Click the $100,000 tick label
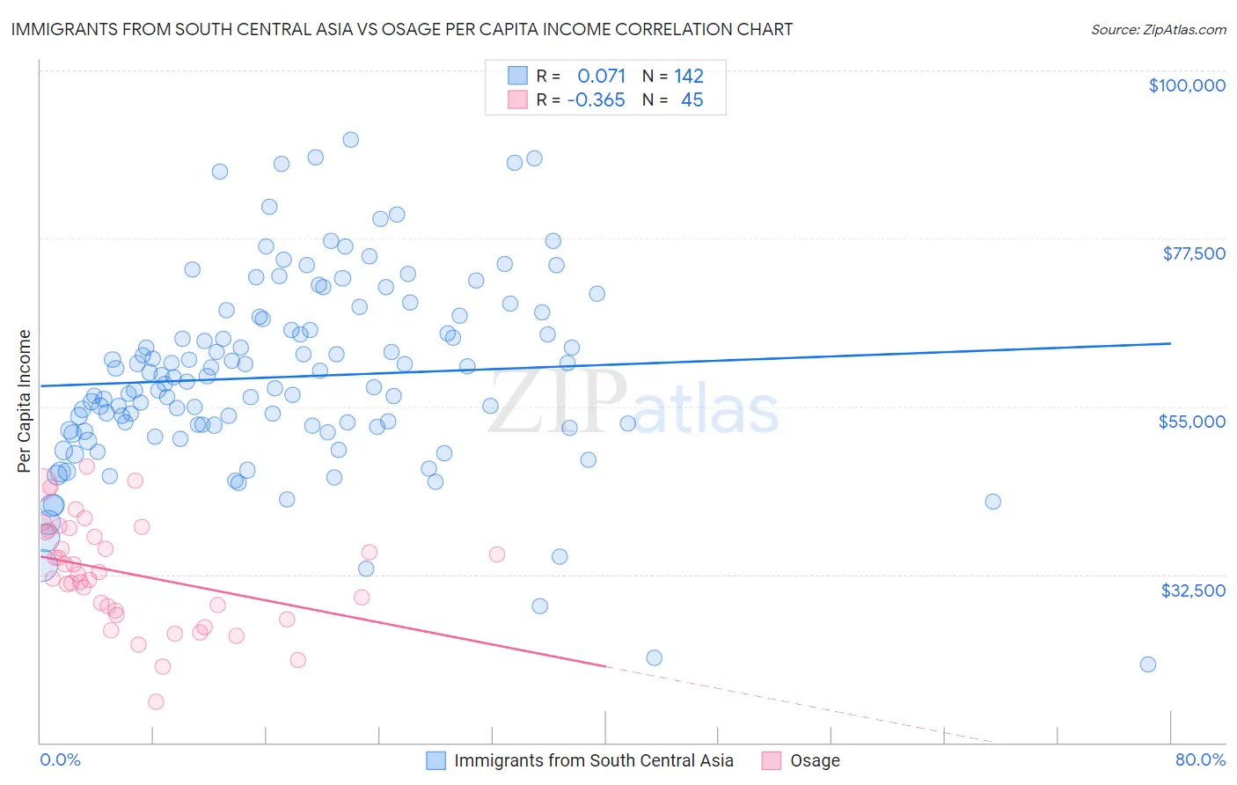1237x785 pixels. pyautogui.click(x=1186, y=85)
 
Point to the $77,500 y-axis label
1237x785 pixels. pyautogui.click(x=1193, y=253)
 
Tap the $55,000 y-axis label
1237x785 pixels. pyautogui.click(x=1191, y=422)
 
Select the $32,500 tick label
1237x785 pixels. pyautogui.click(x=1192, y=591)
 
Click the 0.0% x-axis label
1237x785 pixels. pyautogui.click(x=60, y=759)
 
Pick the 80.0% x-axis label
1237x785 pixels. pyautogui.click(x=1200, y=759)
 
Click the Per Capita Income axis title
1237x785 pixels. pyautogui.click(x=25, y=400)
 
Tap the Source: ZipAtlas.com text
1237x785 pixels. pyautogui.click(x=1158, y=29)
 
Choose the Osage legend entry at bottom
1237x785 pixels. pyautogui.click(x=815, y=760)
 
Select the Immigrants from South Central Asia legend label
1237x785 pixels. pyautogui.click(x=593, y=760)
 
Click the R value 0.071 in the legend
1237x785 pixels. pyautogui.click(x=601, y=77)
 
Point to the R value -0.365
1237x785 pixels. pyautogui.click(x=596, y=100)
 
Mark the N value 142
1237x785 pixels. pyautogui.click(x=689, y=77)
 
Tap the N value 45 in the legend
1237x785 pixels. pyautogui.click(x=692, y=100)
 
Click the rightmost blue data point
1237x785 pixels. pyautogui.click(x=1147, y=664)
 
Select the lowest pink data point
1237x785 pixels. pyautogui.click(x=156, y=701)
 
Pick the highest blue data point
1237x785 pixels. pyautogui.click(x=350, y=139)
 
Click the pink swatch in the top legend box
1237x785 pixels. pyautogui.click(x=516, y=99)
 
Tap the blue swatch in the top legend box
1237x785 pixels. pyautogui.click(x=516, y=76)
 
